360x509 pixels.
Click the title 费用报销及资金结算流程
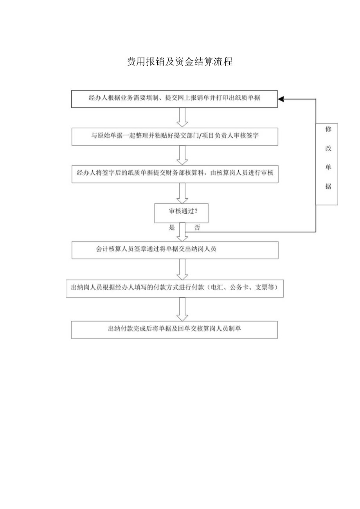pyautogui.click(x=180, y=62)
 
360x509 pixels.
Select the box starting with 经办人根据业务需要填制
pyautogui.click(x=175, y=99)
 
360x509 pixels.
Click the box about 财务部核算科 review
pyautogui.click(x=175, y=174)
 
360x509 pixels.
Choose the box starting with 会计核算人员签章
pyautogui.click(x=175, y=250)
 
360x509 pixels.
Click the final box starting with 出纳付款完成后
pyautogui.click(x=175, y=329)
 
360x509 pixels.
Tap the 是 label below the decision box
pyautogui.click(x=172, y=228)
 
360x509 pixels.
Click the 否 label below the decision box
pyautogui.click(x=197, y=228)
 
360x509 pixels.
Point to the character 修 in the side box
pyautogui.click(x=328, y=129)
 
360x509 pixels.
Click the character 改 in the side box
pyautogui.click(x=328, y=149)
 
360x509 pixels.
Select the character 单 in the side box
pyautogui.click(x=328, y=167)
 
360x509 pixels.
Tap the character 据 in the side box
pyautogui.click(x=328, y=187)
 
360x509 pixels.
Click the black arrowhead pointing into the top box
pyautogui.click(x=281, y=99)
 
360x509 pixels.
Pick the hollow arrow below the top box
pyautogui.click(x=182, y=117)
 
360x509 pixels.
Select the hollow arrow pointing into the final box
pyautogui.click(x=182, y=309)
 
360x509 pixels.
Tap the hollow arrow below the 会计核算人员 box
pyautogui.click(x=182, y=269)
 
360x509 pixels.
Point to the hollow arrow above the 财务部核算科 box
pyautogui.click(x=182, y=155)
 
